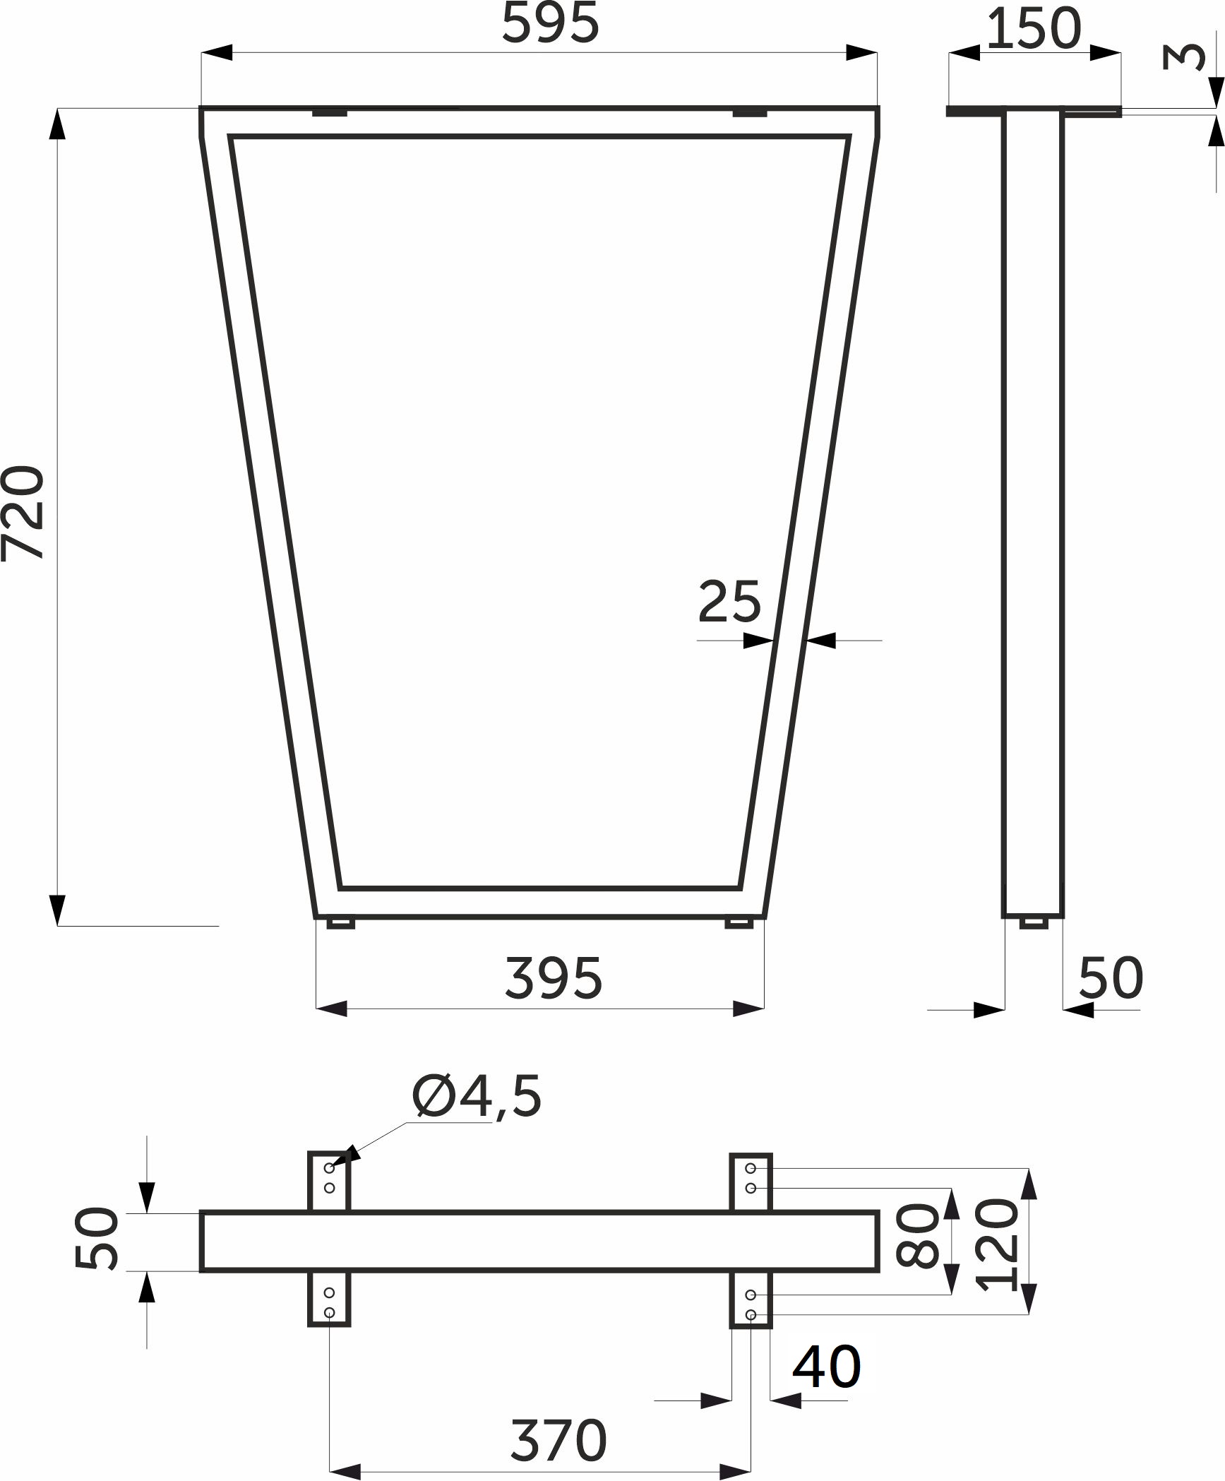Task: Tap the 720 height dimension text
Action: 23,513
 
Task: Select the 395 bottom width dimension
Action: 554,978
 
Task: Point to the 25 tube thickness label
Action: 729,602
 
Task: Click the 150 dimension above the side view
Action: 1034,29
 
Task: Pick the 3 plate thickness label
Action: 1184,56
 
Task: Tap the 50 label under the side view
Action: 1111,978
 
